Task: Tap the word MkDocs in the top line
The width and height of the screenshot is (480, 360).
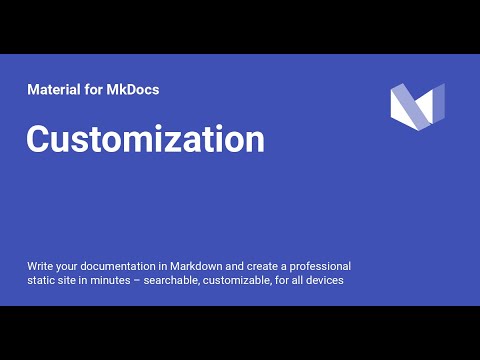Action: coord(133,89)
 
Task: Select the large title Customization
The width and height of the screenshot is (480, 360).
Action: coord(145,139)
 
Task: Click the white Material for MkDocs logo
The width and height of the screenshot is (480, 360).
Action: coord(416,108)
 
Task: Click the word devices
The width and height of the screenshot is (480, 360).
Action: coord(325,280)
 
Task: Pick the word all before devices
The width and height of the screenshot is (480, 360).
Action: coord(298,280)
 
